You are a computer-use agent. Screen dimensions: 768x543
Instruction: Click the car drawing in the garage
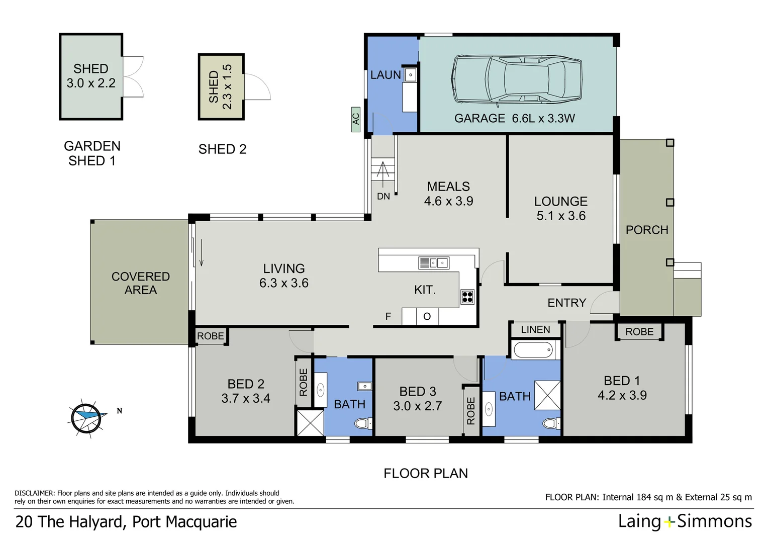pos(516,79)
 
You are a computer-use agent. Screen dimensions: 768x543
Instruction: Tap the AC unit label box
pos(355,119)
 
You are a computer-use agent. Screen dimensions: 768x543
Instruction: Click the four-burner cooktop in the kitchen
pos(467,297)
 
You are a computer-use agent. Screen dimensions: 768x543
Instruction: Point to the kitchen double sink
pos(434,263)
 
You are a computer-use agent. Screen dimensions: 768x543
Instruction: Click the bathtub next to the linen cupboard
pos(532,350)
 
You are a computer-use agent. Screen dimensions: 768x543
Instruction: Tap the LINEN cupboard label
pos(535,330)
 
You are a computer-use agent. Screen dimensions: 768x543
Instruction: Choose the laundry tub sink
pos(410,75)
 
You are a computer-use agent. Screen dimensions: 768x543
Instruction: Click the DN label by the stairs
pos(383,196)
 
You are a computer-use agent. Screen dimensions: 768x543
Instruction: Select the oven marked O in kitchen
pos(427,316)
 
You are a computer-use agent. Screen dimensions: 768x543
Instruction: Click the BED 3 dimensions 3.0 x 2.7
pos(417,406)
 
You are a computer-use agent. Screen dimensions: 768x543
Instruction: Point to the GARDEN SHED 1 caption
pos(92,153)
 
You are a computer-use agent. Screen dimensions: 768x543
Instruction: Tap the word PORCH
pos(647,230)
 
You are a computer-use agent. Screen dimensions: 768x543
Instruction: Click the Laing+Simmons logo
pos(685,522)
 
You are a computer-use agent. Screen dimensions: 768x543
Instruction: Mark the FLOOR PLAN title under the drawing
pos(426,474)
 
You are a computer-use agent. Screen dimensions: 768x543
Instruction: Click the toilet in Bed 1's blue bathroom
pos(551,424)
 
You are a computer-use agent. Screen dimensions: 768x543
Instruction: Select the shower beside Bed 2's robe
pos(310,423)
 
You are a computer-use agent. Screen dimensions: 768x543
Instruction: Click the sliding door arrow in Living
pos(201,253)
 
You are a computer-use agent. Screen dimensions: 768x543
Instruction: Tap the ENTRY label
pos(567,303)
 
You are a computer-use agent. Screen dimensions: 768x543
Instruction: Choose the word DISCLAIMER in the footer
pos(34,493)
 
